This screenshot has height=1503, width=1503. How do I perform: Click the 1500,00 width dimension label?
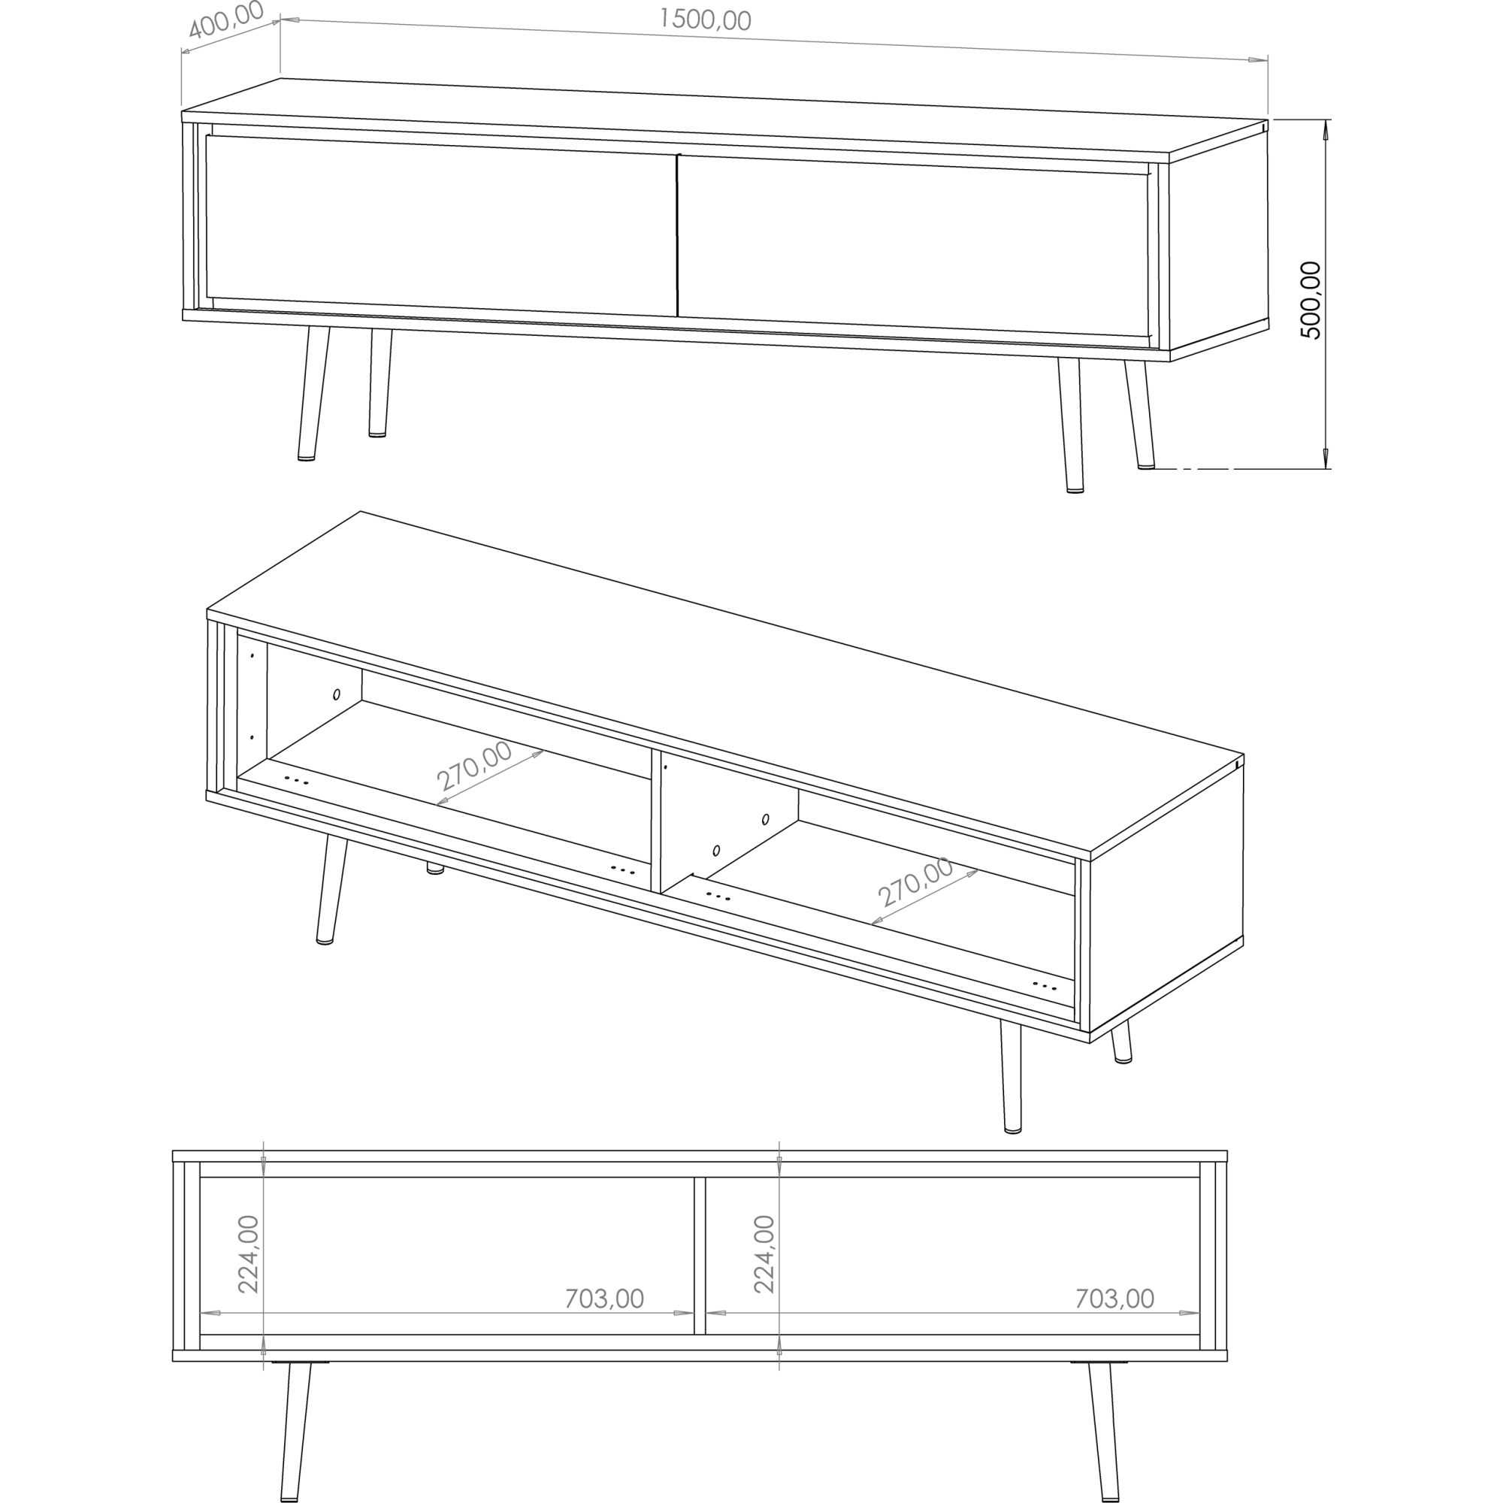[x=705, y=20]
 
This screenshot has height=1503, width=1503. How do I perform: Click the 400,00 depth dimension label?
[x=226, y=20]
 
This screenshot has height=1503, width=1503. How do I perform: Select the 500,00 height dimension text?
[x=1311, y=301]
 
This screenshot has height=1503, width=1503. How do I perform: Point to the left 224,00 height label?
[x=248, y=1254]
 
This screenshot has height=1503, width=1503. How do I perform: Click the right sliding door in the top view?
[x=913, y=246]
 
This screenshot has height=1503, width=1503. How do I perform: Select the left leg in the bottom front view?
[x=295, y=1432]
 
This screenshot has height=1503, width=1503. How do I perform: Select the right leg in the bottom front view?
[x=1104, y=1432]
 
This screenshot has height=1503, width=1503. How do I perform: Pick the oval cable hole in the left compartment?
[x=337, y=694]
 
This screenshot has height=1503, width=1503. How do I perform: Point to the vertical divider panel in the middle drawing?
[x=656, y=821]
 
